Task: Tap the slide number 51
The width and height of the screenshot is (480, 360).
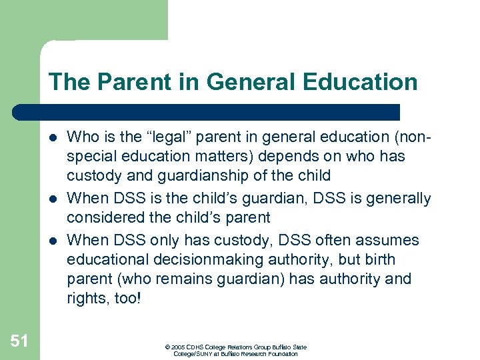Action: [x=19, y=341]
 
